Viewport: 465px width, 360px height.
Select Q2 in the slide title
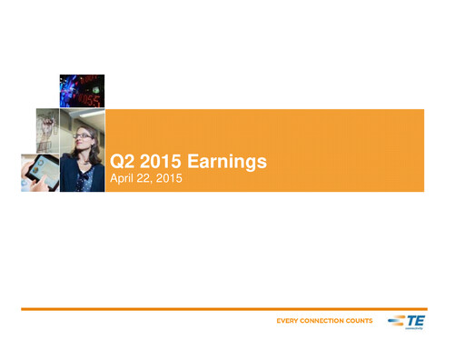pyautogui.click(x=120, y=163)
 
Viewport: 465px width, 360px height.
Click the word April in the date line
pyautogui.click(x=123, y=180)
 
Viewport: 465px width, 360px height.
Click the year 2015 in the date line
pyautogui.click(x=171, y=180)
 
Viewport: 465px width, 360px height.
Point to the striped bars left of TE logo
pyautogui.click(x=398, y=319)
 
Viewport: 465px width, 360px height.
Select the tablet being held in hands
pyautogui.click(x=36, y=171)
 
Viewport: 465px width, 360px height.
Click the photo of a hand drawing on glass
pyautogui.click(x=48, y=130)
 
